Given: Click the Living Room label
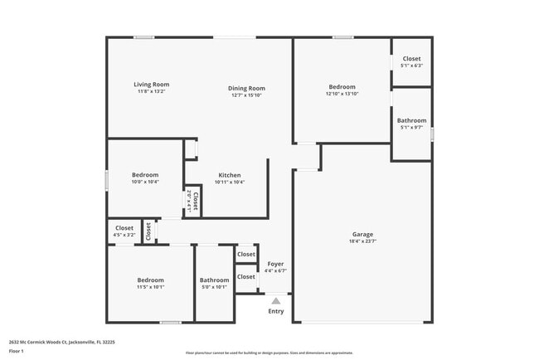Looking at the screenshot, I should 152,84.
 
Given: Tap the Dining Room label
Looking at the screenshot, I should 247,88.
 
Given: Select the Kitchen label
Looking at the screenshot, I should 230,175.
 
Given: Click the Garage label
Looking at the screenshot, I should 362,234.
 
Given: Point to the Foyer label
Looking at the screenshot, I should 275,263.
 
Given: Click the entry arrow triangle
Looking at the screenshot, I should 276,300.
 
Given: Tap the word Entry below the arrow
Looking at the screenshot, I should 276,311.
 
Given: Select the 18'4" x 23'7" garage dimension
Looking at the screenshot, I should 362,241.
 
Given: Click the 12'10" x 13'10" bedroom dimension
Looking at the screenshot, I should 342,95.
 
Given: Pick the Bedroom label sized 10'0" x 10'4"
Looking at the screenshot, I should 145,174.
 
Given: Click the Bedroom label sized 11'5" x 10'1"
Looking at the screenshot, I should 150,280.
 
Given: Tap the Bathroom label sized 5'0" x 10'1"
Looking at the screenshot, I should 214,280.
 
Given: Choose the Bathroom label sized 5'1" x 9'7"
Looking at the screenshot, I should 411,120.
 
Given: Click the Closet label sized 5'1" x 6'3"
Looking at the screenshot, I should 411,58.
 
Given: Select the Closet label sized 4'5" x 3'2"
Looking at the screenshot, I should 124,227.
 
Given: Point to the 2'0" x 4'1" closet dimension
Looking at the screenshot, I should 189,202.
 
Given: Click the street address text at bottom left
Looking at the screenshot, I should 62,341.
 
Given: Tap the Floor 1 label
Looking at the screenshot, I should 17,351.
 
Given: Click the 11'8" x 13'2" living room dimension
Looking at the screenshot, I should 152,91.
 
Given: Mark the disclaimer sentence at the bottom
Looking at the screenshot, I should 269,352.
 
